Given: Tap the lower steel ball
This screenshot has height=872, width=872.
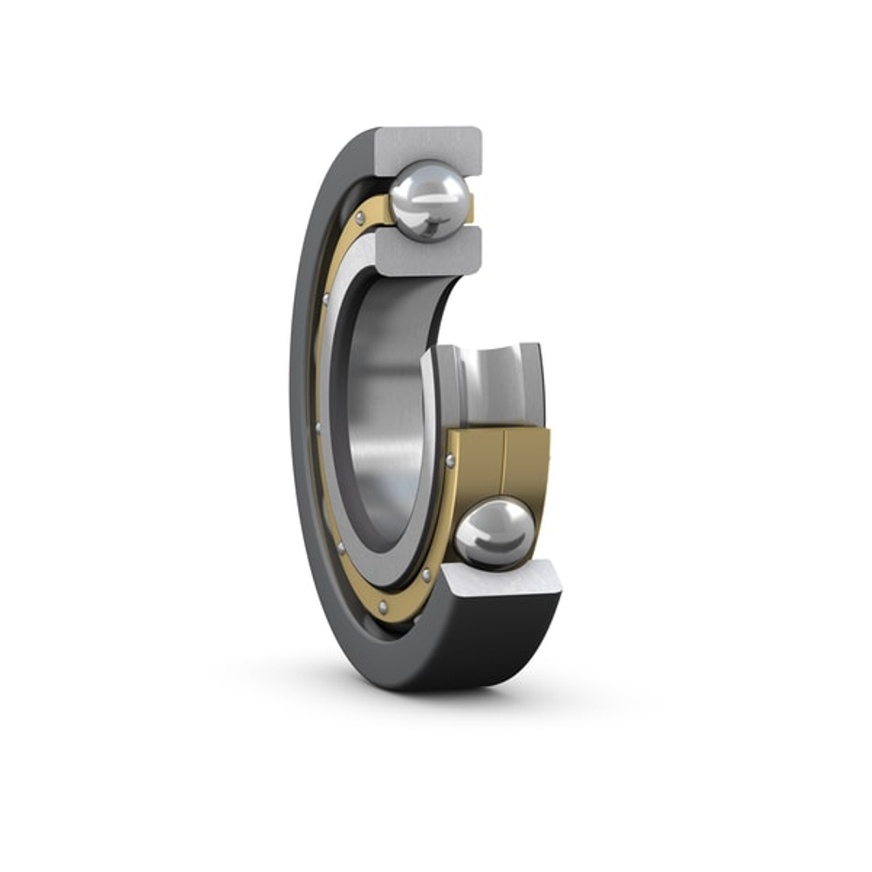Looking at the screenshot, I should pyautogui.click(x=494, y=532).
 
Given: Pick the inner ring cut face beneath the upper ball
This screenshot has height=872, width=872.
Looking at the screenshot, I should pyautogui.click(x=429, y=250).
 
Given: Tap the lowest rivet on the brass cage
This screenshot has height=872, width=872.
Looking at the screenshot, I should pyautogui.click(x=383, y=606).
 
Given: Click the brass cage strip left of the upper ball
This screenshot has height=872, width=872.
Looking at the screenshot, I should pyautogui.click(x=371, y=214).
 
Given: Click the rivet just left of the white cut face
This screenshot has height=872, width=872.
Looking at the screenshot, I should pyautogui.click(x=426, y=576).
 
